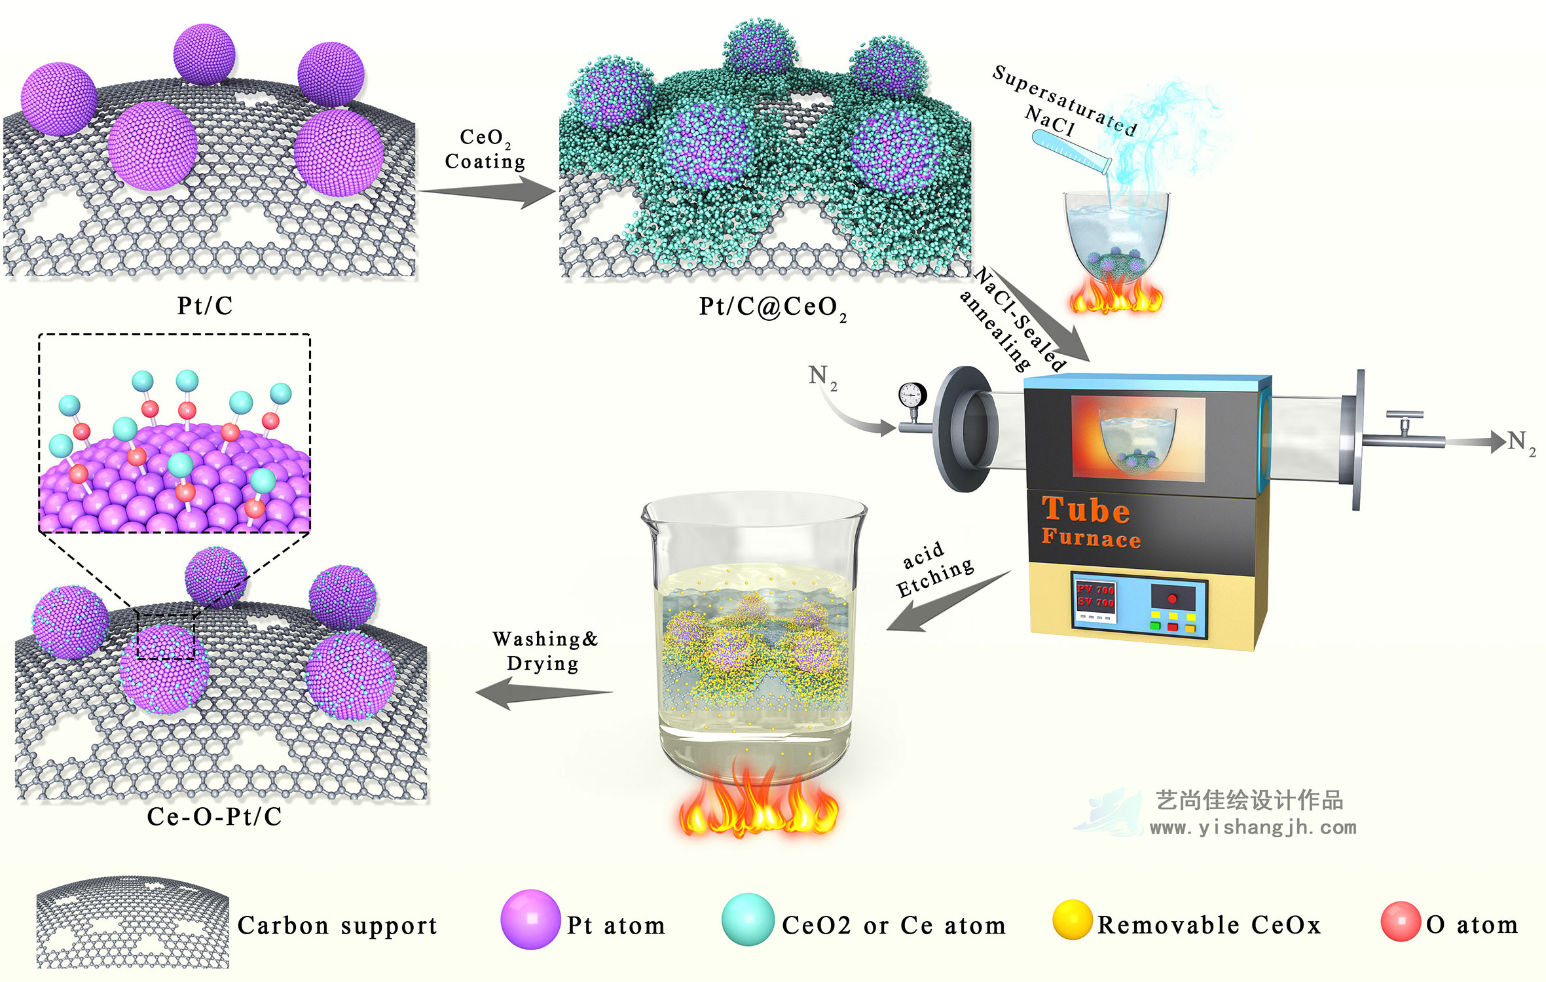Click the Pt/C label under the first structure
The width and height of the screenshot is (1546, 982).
tap(204, 306)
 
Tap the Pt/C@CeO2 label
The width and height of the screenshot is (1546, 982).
tap(772, 307)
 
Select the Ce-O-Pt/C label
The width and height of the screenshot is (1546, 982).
tap(214, 816)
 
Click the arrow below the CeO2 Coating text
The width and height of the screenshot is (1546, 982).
tap(488, 192)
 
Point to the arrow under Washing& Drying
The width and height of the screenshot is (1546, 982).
tap(543, 693)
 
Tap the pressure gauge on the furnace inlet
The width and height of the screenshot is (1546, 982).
tap(912, 395)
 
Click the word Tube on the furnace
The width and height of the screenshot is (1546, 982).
tap(1086, 511)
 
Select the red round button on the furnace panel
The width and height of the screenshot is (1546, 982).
tap(1172, 598)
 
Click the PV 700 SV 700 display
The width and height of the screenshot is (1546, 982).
tap(1095, 596)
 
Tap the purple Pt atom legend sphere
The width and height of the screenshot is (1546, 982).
tap(530, 919)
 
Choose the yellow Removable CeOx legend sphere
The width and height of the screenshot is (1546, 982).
tap(1072, 919)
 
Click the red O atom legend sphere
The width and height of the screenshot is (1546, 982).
tap(1400, 921)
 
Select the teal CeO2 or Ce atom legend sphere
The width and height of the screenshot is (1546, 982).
tap(748, 920)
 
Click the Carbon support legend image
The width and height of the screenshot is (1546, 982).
tap(133, 922)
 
